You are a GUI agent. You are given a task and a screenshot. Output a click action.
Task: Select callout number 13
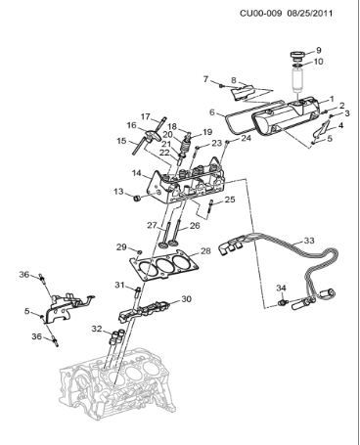(118, 192)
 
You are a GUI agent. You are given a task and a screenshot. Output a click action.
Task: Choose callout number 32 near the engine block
(98, 330)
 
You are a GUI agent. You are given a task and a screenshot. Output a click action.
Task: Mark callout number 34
(280, 288)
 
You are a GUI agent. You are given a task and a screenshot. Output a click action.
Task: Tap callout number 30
(186, 299)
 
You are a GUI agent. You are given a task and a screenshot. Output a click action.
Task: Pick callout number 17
(145, 116)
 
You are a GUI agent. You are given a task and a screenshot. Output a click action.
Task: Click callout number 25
(230, 200)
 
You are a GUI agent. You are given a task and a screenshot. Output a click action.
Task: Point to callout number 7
(205, 78)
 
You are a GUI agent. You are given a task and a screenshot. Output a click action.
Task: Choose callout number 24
(246, 138)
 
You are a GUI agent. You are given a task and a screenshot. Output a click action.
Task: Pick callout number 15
(122, 141)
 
